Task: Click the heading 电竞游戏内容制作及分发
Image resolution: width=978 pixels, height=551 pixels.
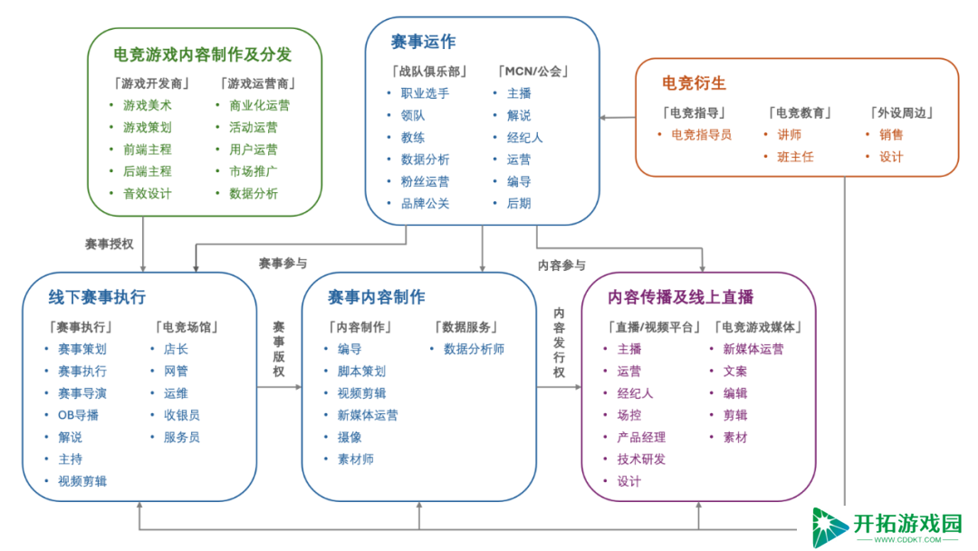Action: pos(202,55)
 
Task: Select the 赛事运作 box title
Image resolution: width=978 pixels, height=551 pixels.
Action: pos(423,42)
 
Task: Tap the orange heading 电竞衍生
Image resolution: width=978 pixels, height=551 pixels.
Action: pos(694,83)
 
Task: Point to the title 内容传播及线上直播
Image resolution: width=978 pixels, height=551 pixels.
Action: pos(680,297)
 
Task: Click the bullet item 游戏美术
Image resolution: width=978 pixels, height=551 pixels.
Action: pos(148,105)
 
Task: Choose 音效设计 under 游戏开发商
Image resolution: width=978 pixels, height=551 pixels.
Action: pos(148,193)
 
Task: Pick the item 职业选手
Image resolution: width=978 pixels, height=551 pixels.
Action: pos(425,93)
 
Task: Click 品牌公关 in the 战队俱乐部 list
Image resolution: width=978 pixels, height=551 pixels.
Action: pos(425,203)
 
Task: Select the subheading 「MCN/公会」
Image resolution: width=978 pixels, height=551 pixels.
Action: pos(532,72)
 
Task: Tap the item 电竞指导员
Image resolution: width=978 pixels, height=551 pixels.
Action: pos(701,135)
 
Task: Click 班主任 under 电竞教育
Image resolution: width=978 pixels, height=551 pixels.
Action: pos(795,157)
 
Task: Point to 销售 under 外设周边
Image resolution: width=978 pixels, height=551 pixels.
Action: pos(891,135)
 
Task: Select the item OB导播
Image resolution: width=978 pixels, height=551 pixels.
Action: pos(78,415)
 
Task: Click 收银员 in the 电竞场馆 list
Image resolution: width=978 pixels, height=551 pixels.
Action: pos(181,415)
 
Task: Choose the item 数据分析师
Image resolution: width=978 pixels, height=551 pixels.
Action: pos(474,350)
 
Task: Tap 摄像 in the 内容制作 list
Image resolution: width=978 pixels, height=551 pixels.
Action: pos(350,438)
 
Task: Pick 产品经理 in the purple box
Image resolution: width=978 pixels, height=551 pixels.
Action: pos(641,438)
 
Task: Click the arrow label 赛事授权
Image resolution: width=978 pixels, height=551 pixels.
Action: pos(110,244)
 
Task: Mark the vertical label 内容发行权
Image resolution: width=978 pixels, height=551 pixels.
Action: pos(559,343)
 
